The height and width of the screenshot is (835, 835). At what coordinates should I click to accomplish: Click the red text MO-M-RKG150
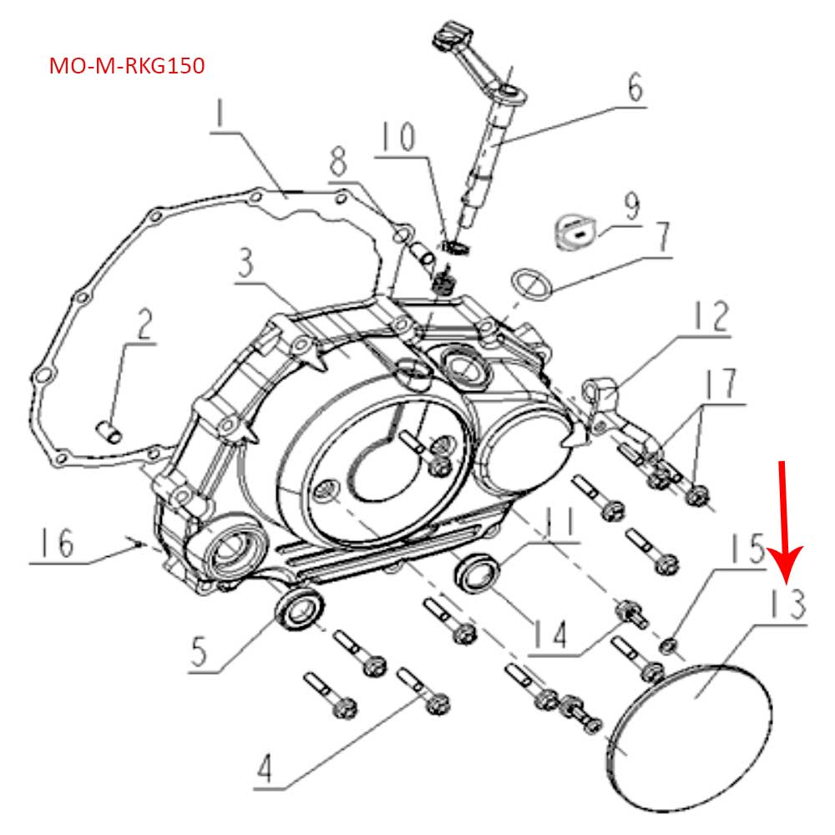[x=127, y=66]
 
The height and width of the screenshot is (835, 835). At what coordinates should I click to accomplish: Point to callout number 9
[x=630, y=205]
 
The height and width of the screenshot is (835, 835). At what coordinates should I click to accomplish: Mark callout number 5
[x=200, y=652]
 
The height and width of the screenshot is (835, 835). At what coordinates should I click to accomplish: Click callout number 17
[x=720, y=385]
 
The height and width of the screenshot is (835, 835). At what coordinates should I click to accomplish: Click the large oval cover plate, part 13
[x=689, y=735]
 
